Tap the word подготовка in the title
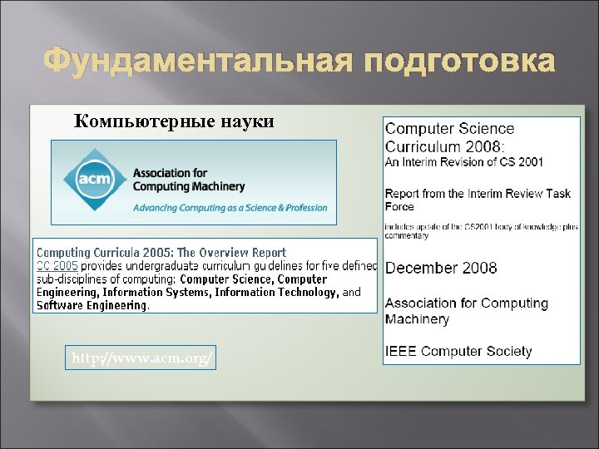point(456,62)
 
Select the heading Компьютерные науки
point(174,121)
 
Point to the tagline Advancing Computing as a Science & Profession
point(230,207)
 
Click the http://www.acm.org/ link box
point(142,358)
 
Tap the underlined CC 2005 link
point(57,266)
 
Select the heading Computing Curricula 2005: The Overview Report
point(161,253)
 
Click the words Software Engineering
point(92,305)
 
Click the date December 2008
point(441,268)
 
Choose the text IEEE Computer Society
point(458,351)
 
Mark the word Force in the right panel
point(399,206)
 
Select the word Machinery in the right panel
point(417,319)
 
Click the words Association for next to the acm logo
point(170,174)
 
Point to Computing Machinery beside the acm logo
point(189,187)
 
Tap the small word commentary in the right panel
point(407,236)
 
